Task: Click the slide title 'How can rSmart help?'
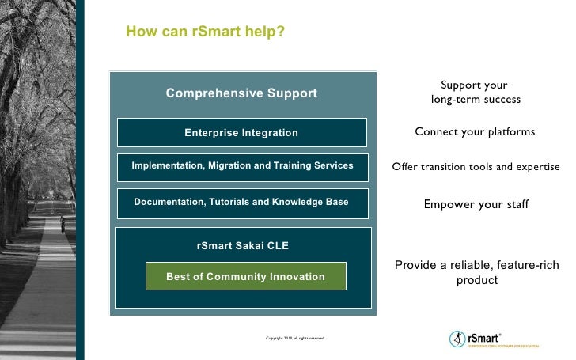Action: tap(206, 32)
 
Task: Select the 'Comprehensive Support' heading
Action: tap(241, 93)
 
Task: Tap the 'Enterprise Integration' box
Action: tap(241, 132)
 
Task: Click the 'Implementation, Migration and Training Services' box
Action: tap(241, 165)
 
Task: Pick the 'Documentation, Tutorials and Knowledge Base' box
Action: tap(241, 203)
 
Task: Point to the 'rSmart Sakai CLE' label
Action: tap(243, 246)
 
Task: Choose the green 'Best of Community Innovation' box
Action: tap(245, 276)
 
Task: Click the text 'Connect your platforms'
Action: tap(475, 131)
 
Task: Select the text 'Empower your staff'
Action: tap(476, 204)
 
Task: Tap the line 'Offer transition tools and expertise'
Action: tap(476, 167)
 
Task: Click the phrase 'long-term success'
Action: tap(476, 99)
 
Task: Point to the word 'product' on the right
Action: tap(476, 280)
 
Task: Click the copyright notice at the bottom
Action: tap(295, 338)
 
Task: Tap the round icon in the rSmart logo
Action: tap(457, 338)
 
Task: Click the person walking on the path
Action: tap(62, 225)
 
